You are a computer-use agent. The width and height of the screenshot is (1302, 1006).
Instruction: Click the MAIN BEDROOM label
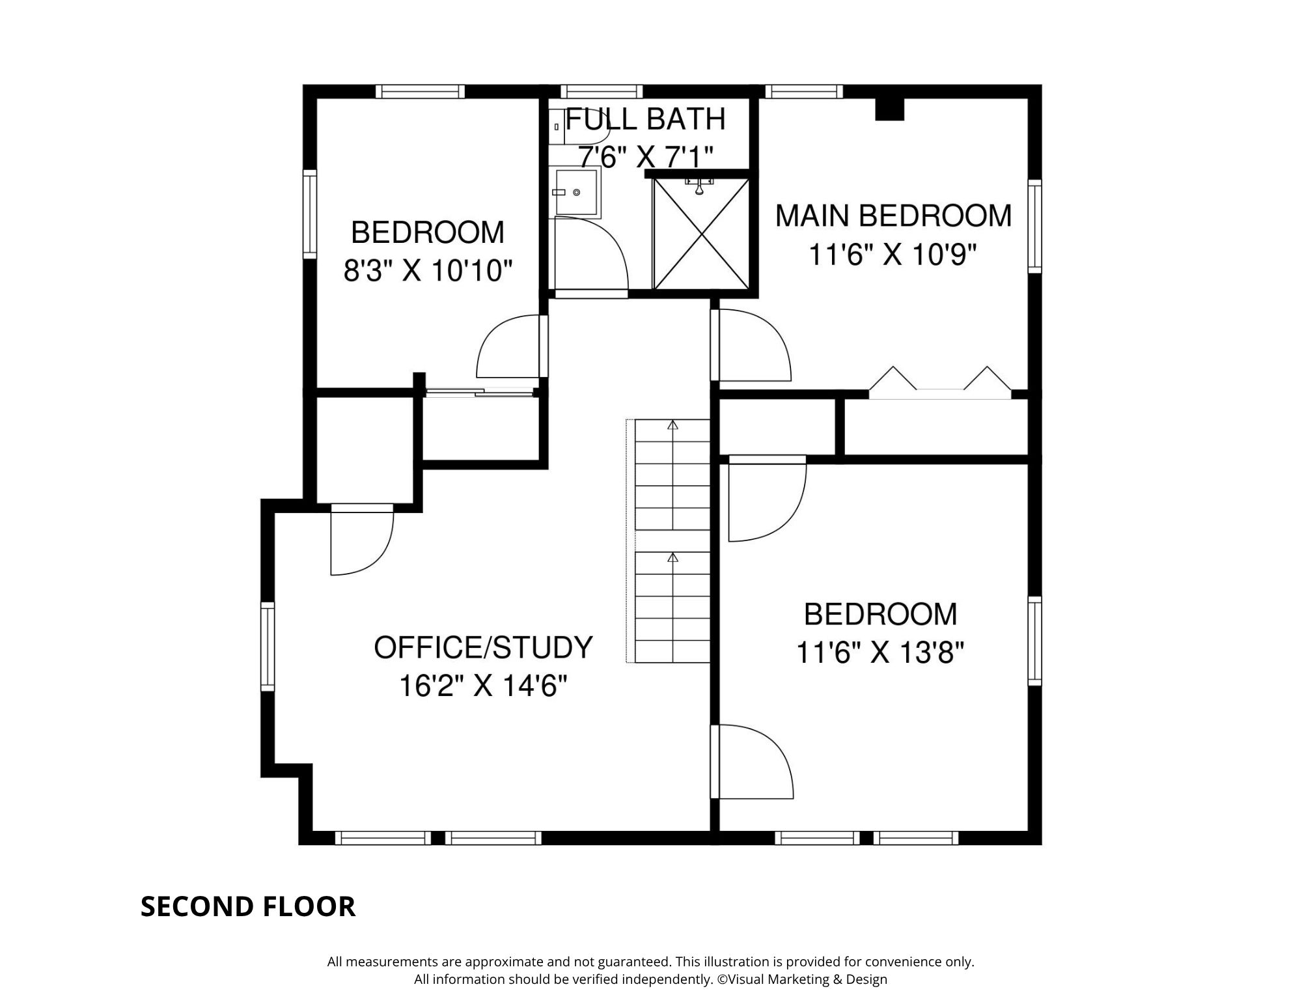[x=893, y=216]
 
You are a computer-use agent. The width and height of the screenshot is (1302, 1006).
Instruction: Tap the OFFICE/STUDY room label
[x=483, y=647]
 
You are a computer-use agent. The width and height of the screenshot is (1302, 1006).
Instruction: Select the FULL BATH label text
[x=646, y=119]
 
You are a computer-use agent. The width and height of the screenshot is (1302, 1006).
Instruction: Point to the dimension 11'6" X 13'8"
[x=880, y=652]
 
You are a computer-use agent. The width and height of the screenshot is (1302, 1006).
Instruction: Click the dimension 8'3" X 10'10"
[x=428, y=270]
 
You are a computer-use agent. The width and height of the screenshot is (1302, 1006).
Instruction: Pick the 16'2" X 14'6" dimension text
[x=483, y=686]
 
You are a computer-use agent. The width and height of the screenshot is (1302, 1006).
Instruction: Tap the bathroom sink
[x=577, y=192]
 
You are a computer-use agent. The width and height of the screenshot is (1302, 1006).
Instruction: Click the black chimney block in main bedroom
[x=890, y=109]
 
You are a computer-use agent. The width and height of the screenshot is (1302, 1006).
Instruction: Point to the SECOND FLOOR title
[x=248, y=906]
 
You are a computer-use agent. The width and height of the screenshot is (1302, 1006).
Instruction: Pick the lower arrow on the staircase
[x=673, y=558]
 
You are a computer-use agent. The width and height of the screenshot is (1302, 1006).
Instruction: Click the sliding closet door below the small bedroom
[x=479, y=392]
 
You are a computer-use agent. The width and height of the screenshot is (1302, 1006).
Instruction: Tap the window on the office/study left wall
[x=268, y=646]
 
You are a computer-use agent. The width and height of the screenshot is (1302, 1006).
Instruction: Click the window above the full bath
[x=601, y=91]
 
